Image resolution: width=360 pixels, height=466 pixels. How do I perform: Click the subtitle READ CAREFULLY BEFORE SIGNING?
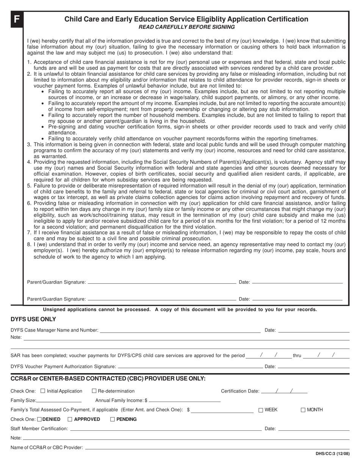coord(186,27)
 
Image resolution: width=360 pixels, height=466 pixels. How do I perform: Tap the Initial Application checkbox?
coord(43,391)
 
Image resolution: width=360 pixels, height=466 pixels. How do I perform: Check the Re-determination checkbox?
coord(94,391)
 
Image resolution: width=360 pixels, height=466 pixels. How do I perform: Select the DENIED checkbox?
coord(40,419)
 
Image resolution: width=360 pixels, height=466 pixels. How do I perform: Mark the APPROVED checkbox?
coord(70,419)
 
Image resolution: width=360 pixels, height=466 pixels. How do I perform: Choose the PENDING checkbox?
coord(113,419)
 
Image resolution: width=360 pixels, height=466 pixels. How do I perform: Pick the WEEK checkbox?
coord(261,410)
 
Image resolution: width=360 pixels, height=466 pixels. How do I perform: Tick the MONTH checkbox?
coord(303,410)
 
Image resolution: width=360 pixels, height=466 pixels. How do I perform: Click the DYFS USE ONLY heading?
coord(33,319)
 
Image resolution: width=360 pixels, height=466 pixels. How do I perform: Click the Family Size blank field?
coord(59,401)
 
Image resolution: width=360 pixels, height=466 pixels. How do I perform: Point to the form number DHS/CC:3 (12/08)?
coord(332,454)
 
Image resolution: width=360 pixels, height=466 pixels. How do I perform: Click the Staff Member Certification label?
coord(39,428)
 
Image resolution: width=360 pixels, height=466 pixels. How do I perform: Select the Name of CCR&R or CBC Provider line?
coord(217,448)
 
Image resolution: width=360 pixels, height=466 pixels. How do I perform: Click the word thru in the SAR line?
coord(297,356)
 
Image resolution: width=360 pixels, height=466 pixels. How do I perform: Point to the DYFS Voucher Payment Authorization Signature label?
coord(63,366)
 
